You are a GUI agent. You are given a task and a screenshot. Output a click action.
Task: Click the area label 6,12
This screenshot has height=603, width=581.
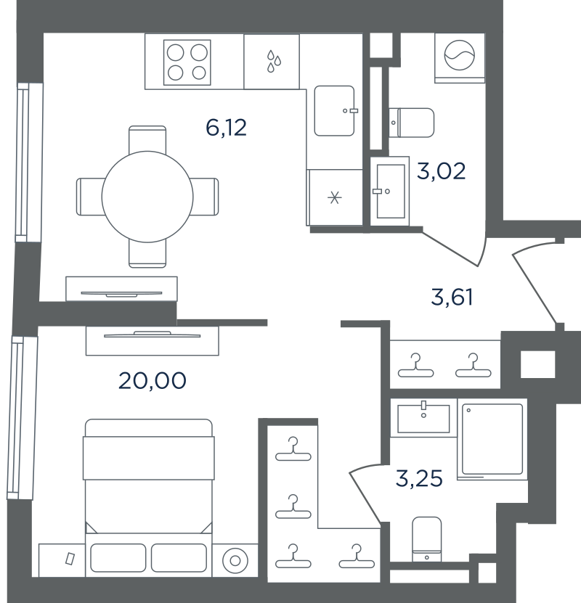pos(227,128)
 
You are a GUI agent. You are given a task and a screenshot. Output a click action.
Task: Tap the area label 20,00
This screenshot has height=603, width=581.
pos(153,381)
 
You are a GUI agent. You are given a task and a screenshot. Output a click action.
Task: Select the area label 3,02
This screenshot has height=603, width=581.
pos(442,171)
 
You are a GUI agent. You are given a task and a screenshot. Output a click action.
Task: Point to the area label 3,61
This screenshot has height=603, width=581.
pos(452,298)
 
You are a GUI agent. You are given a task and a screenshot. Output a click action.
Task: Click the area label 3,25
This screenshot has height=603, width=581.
pos(419,479)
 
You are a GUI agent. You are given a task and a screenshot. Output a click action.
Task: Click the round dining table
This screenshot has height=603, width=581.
pos(147,197)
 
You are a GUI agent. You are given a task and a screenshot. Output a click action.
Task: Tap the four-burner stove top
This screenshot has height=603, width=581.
pos(187,62)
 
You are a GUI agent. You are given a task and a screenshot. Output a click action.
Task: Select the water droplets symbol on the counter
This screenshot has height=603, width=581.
pos(274,61)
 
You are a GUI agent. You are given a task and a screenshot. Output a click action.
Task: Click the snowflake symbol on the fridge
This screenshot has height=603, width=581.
pos(334,198)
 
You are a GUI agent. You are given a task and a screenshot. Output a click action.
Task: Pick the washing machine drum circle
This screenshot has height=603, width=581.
pos(460,55)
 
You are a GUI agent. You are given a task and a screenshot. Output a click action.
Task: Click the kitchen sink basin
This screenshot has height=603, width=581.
pos(334,111)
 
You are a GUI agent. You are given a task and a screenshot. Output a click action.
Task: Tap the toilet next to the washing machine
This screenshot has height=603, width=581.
pos(411,123)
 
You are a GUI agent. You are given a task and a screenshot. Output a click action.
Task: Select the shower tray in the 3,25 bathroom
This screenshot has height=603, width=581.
pos(492,439)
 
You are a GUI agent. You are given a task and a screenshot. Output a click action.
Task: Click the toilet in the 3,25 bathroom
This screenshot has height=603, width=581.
pos(427,539)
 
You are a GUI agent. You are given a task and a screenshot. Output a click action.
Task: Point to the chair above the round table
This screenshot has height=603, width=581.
pos(147,139)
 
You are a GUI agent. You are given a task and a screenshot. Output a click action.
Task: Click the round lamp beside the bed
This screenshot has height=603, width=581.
pos(235,561)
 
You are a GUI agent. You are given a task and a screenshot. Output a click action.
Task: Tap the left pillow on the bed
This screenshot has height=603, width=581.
pos(118,557)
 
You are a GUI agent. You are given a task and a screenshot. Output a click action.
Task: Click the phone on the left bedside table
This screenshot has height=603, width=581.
pos(70,559)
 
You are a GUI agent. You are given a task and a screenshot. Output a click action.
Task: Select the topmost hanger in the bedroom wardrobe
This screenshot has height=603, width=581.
pos(293,449)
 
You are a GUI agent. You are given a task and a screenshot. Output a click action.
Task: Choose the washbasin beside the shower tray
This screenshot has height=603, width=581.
pos(423,419)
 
